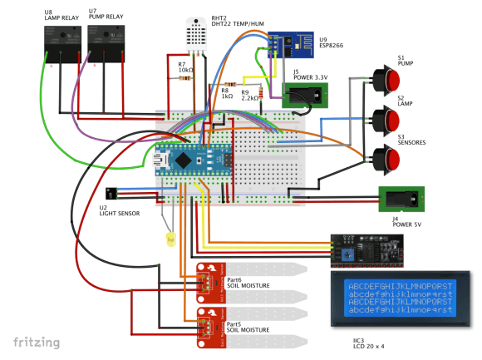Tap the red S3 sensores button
pyautogui.click(x=386, y=158)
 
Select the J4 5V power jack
pyautogui.click(x=402, y=200)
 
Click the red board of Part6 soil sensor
pyautogui.click(x=211, y=284)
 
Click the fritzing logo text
pyautogui.click(x=35, y=343)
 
